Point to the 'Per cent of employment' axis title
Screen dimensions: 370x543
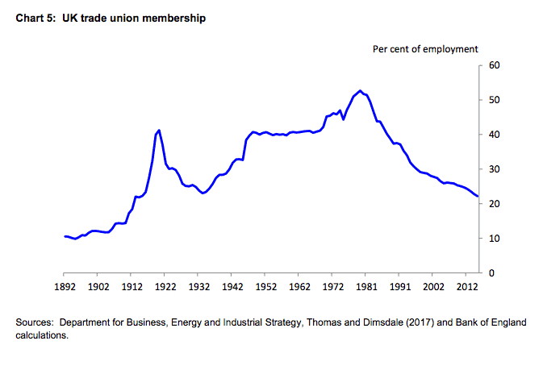click(x=425, y=49)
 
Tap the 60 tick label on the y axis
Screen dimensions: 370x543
click(x=493, y=65)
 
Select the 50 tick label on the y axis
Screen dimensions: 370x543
click(x=493, y=100)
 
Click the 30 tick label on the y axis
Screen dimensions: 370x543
click(x=493, y=169)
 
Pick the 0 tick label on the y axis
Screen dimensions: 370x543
click(x=491, y=273)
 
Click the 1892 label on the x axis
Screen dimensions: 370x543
click(x=65, y=287)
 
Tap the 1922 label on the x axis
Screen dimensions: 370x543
click(x=165, y=287)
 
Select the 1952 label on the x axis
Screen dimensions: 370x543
click(x=265, y=287)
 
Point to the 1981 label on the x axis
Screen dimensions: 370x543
click(x=365, y=287)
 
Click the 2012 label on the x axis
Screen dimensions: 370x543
click(x=466, y=287)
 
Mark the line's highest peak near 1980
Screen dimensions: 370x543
click(x=360, y=90)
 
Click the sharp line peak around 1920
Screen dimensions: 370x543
click(x=159, y=130)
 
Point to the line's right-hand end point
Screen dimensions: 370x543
click(x=478, y=196)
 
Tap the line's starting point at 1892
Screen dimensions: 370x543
click(x=65, y=236)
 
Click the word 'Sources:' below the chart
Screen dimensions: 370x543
click(x=35, y=323)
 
